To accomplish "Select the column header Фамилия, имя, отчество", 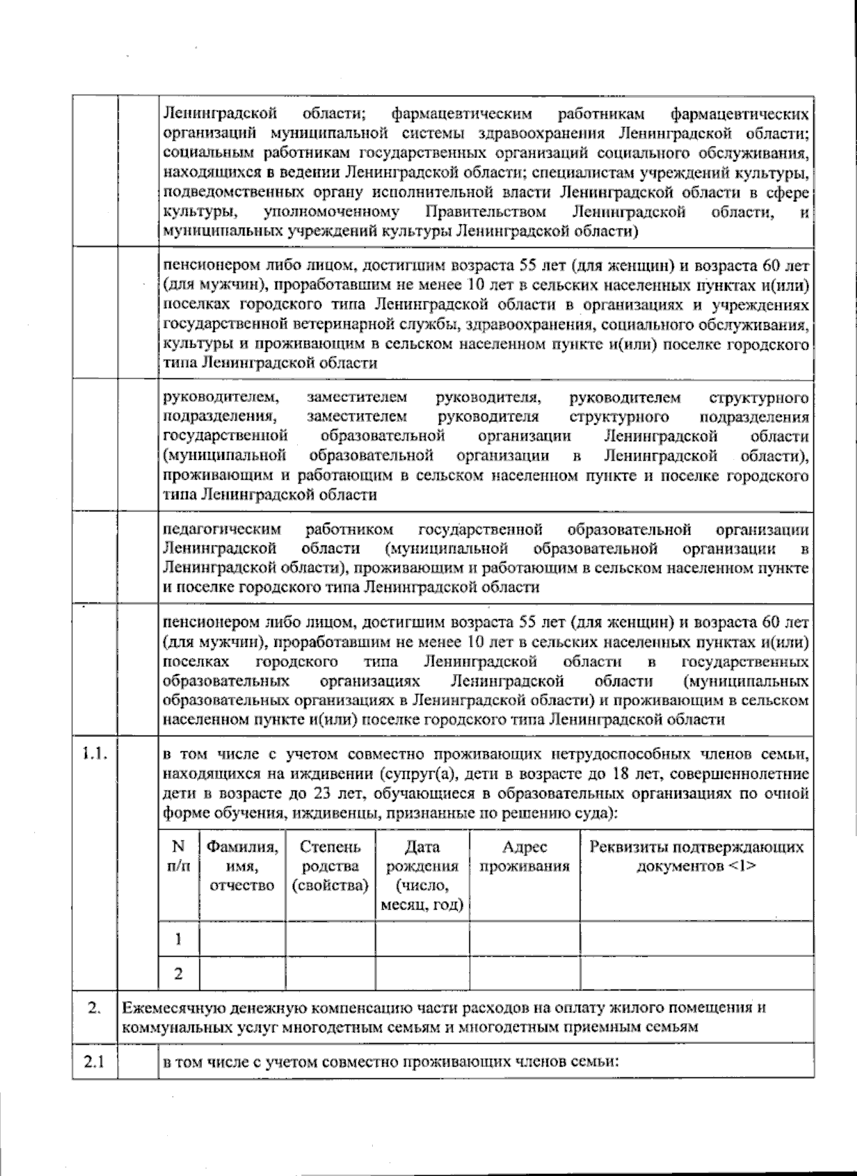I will [242, 866].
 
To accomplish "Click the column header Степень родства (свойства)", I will [330, 866].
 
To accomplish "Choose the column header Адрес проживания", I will [524, 856].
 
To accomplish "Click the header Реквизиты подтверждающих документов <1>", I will [696, 856].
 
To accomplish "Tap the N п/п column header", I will [179, 856].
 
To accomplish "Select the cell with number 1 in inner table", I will [179, 938].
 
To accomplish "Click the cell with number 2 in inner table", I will [179, 973].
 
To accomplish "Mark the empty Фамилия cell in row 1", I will [242, 938].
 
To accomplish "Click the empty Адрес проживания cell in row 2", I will [524, 973].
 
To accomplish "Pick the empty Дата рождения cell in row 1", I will [422, 938].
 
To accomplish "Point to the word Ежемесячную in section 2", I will [165, 1008].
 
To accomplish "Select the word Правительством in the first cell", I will [486, 212].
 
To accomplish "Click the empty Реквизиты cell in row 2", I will [696, 973].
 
